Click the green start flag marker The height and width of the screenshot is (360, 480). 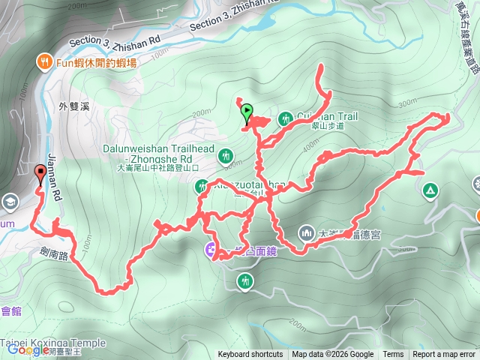[247, 113]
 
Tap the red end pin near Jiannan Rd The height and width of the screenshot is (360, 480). [40, 173]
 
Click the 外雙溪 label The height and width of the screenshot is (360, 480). [75, 106]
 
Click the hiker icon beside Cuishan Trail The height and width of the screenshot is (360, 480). [286, 118]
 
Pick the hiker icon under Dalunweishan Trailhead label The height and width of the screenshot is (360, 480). [225, 157]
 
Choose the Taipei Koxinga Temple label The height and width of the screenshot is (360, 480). [52, 343]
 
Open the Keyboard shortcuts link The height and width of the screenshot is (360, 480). [250, 355]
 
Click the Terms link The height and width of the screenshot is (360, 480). [393, 355]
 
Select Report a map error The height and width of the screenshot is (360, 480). [445, 355]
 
